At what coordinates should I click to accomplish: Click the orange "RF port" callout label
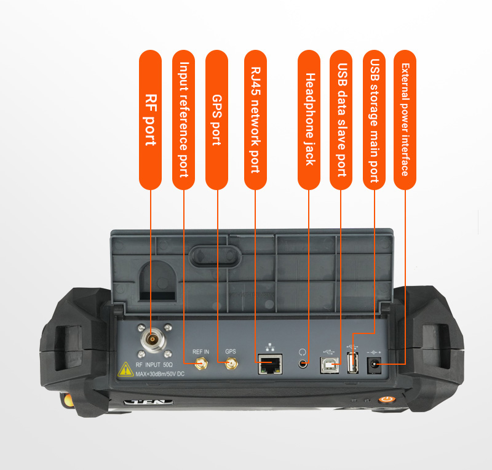pyautogui.click(x=150, y=119)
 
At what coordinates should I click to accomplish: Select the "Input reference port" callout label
pyautogui.click(x=183, y=119)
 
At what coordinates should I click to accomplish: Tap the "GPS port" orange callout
pyautogui.click(x=217, y=119)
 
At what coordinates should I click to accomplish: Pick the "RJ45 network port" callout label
pyautogui.click(x=255, y=119)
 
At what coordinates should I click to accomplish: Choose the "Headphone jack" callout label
pyautogui.click(x=309, y=119)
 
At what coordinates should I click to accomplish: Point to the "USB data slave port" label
pyautogui.click(x=341, y=119)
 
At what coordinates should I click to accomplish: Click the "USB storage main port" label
pyautogui.click(x=374, y=119)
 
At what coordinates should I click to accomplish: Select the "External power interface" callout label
pyautogui.click(x=405, y=119)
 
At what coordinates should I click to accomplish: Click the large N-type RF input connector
pyautogui.click(x=153, y=340)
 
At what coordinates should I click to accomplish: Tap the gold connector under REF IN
pyautogui.click(x=201, y=364)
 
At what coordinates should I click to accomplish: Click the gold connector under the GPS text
pyautogui.click(x=231, y=364)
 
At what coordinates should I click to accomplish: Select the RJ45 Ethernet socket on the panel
pyautogui.click(x=270, y=364)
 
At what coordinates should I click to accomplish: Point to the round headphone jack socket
pyautogui.click(x=303, y=364)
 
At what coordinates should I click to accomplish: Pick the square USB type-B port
pyautogui.click(x=329, y=365)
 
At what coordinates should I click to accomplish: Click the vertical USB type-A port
pyautogui.click(x=352, y=363)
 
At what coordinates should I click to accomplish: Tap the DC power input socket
pyautogui.click(x=374, y=365)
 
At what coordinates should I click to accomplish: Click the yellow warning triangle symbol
pyautogui.click(x=125, y=370)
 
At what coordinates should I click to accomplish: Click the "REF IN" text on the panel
pyautogui.click(x=201, y=352)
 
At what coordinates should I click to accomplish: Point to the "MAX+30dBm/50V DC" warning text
pyautogui.click(x=160, y=374)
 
